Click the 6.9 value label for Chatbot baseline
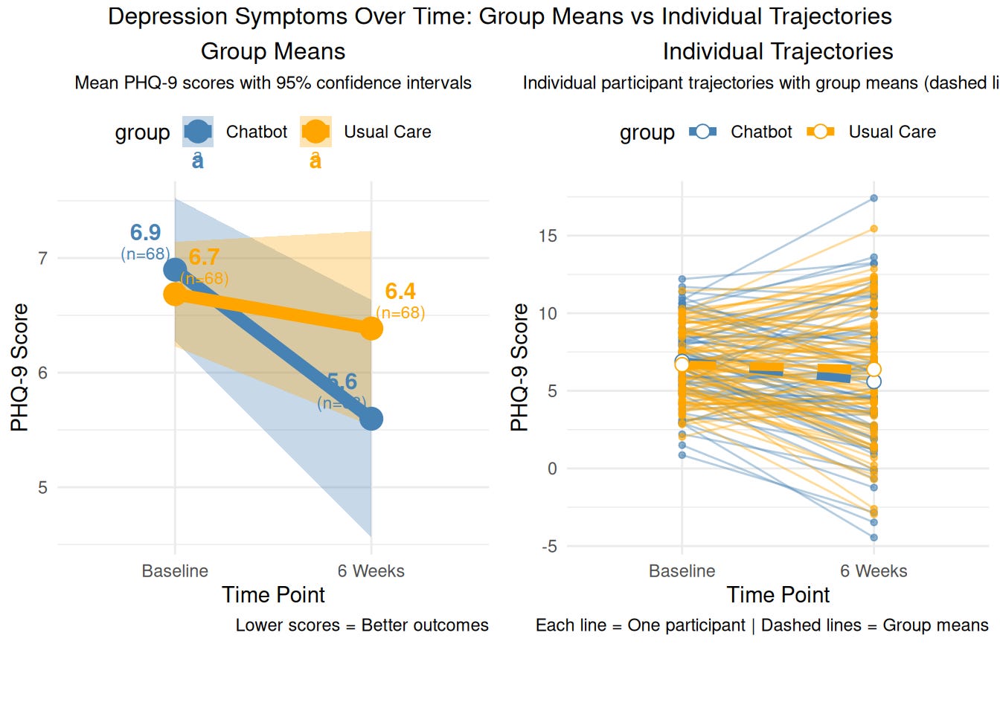pyautogui.click(x=145, y=233)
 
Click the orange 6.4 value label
pyautogui.click(x=400, y=292)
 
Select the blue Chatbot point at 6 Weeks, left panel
pyautogui.click(x=371, y=419)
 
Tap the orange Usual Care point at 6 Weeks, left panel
pyautogui.click(x=371, y=328)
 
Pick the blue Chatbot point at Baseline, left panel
pyautogui.click(x=175, y=270)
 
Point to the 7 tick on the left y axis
pyautogui.click(x=42, y=259)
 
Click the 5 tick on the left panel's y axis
pyautogui.click(x=42, y=488)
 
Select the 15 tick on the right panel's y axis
pyautogui.click(x=548, y=237)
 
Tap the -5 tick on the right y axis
pyautogui.click(x=549, y=547)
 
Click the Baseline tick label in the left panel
pyautogui.click(x=175, y=571)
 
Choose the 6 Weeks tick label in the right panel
pyautogui.click(x=874, y=571)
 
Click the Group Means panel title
pyautogui.click(x=273, y=51)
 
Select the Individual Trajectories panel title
pyautogui.click(x=778, y=51)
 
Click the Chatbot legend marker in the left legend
pyautogui.click(x=198, y=132)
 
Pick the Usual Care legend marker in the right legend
pyautogui.click(x=820, y=132)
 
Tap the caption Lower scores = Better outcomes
pyautogui.click(x=362, y=625)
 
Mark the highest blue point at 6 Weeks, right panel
pyautogui.click(x=874, y=199)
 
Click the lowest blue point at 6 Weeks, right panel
pyautogui.click(x=874, y=537)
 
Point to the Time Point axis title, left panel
pyautogui.click(x=273, y=595)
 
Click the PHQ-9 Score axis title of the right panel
pyautogui.click(x=519, y=367)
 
